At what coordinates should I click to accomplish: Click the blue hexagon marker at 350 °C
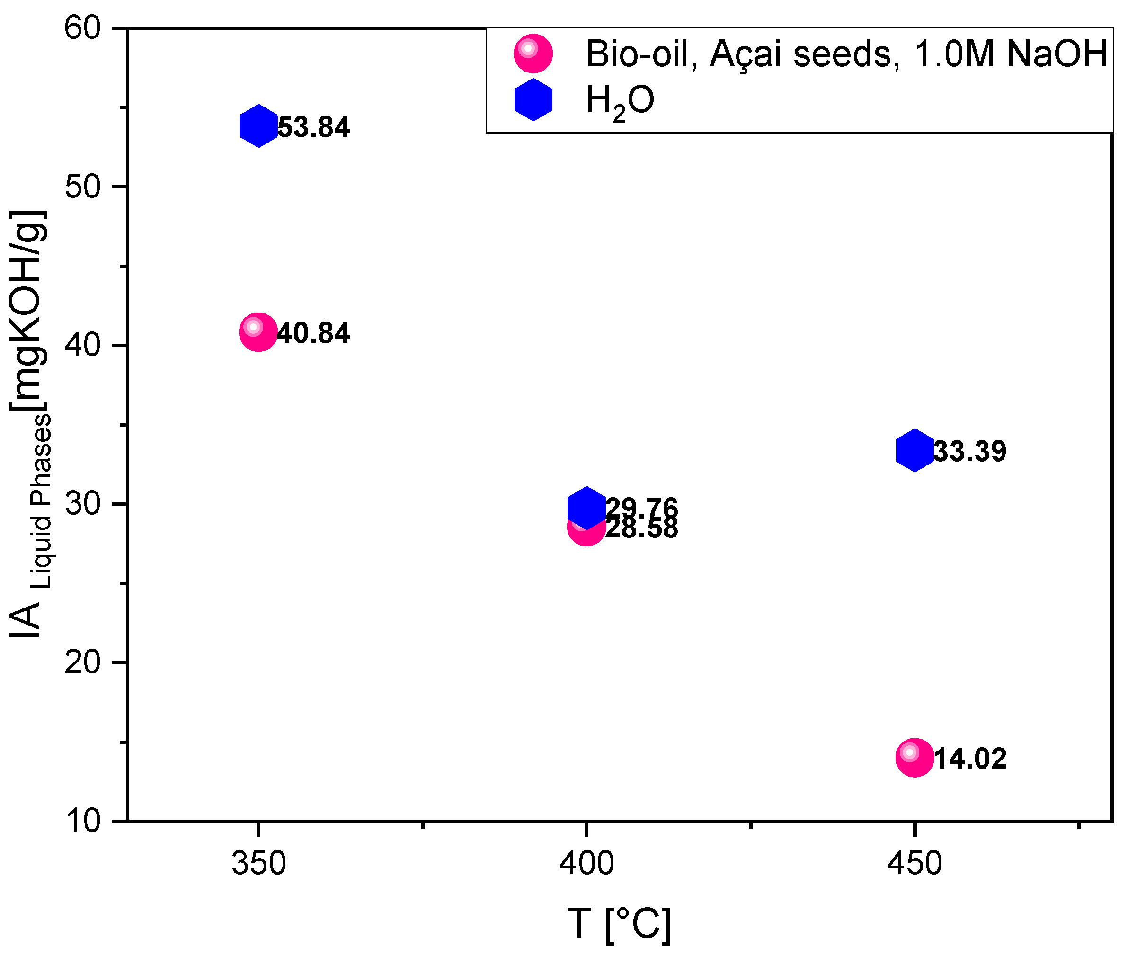(258, 126)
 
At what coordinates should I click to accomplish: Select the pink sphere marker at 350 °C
(258, 332)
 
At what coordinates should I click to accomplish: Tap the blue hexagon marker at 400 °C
(586, 507)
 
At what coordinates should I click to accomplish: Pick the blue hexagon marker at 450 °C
(915, 450)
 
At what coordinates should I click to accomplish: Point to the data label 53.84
(314, 127)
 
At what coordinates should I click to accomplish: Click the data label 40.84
(314, 333)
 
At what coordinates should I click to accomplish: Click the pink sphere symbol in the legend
(533, 53)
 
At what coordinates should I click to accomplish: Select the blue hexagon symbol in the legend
(533, 100)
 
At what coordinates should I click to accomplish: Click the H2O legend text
(620, 101)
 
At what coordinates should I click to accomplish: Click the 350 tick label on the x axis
(258, 863)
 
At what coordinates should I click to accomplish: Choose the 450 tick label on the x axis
(915, 863)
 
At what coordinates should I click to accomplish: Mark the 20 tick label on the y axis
(82, 662)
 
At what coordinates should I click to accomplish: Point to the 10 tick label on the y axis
(82, 821)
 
